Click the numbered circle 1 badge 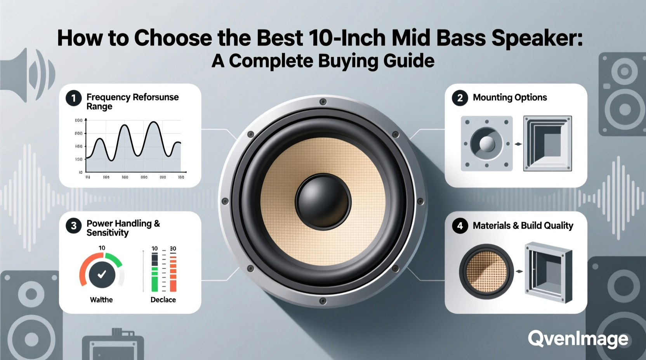point(73,98)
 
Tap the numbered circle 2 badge point(460,98)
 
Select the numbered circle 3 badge point(73,226)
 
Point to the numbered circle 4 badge point(460,226)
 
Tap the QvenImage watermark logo point(578,339)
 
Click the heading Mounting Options point(509,97)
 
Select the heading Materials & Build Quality point(523,225)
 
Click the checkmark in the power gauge point(102,275)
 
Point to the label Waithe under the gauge point(101,299)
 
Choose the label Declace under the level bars point(163,299)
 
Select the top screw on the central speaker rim point(323,102)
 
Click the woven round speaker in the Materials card point(486,272)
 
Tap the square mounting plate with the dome point(486,144)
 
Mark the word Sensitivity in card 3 point(107,233)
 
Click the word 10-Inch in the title point(347,38)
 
